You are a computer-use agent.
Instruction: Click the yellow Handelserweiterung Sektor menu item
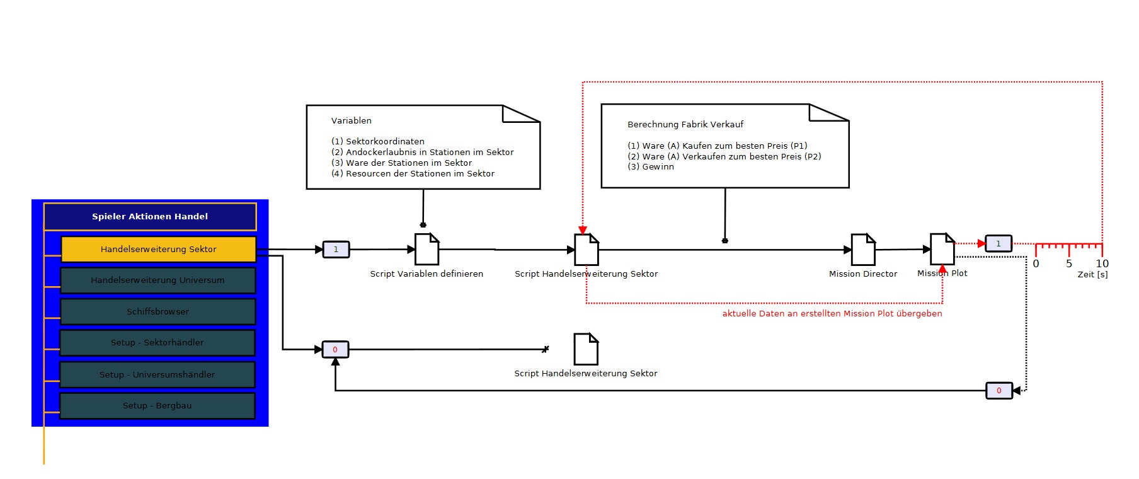click(x=159, y=249)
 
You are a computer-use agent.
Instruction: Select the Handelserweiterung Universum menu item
click(x=157, y=280)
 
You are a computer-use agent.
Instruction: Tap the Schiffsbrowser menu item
click(x=157, y=311)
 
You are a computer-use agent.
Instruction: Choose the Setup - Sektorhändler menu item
click(x=157, y=343)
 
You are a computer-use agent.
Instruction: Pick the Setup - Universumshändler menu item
click(x=157, y=374)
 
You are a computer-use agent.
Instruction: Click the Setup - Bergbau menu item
click(x=157, y=406)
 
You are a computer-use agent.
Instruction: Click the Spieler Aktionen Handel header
click(x=150, y=216)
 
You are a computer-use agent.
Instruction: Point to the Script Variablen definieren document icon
click(x=427, y=249)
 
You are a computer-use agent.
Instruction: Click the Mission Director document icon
click(x=863, y=250)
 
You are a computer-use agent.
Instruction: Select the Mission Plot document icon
click(x=942, y=249)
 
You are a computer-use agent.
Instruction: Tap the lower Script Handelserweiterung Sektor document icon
click(x=586, y=349)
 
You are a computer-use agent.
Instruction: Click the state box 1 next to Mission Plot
click(x=999, y=243)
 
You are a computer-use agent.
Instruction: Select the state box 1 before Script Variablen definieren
click(x=336, y=250)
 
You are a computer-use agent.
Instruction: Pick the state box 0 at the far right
click(x=999, y=391)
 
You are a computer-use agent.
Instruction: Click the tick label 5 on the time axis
click(x=1069, y=263)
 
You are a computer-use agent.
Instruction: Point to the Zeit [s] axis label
click(x=1092, y=274)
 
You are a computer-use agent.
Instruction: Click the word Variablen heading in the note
click(x=352, y=120)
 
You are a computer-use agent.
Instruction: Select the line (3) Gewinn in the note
click(x=651, y=167)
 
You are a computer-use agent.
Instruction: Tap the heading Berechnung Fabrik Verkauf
click(x=685, y=124)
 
